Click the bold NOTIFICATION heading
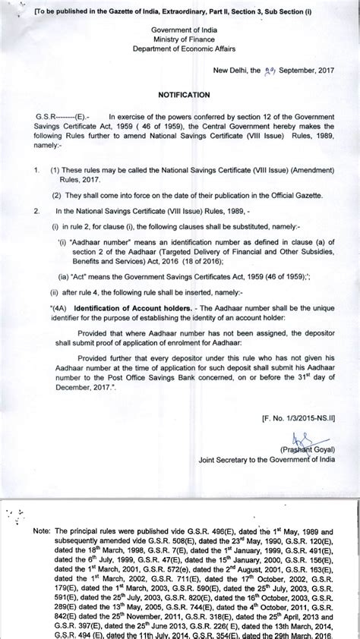pos(183,96)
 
